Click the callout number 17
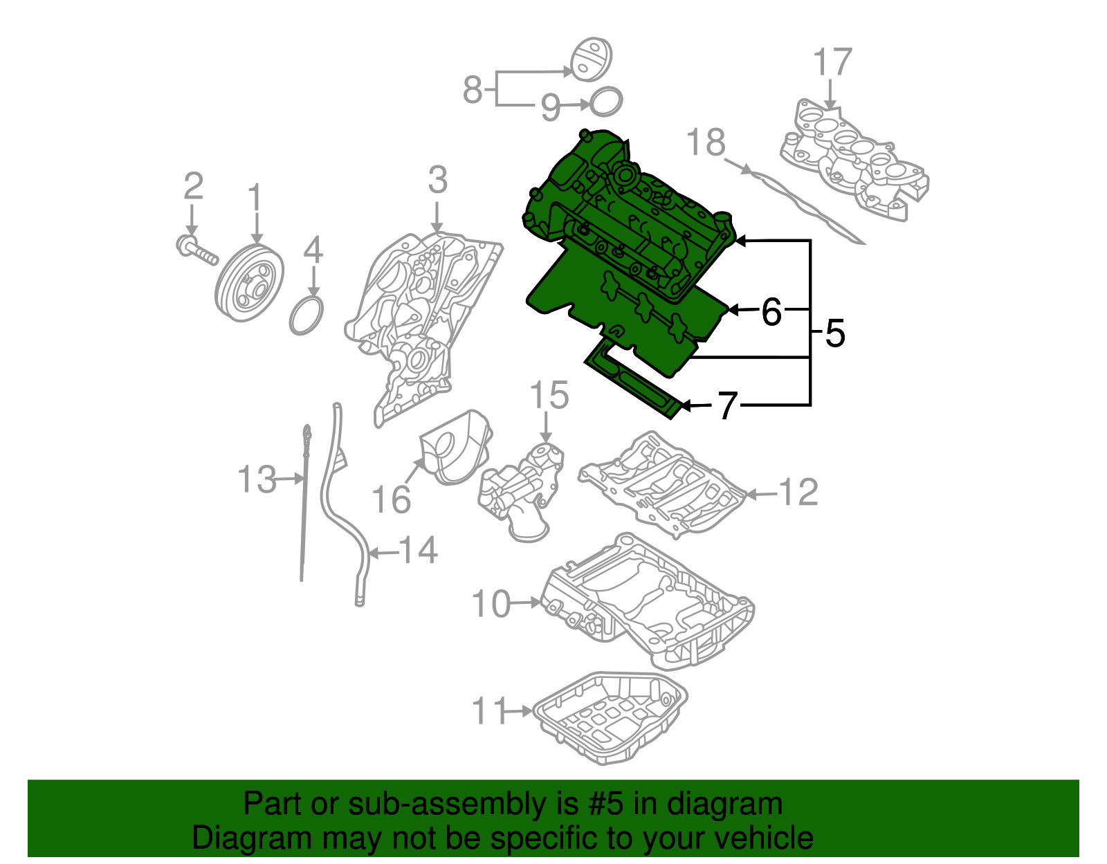832,63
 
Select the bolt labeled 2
197,250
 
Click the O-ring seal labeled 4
307,315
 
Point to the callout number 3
437,181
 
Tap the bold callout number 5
835,334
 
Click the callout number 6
771,312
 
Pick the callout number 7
727,406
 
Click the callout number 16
391,499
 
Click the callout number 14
419,551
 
